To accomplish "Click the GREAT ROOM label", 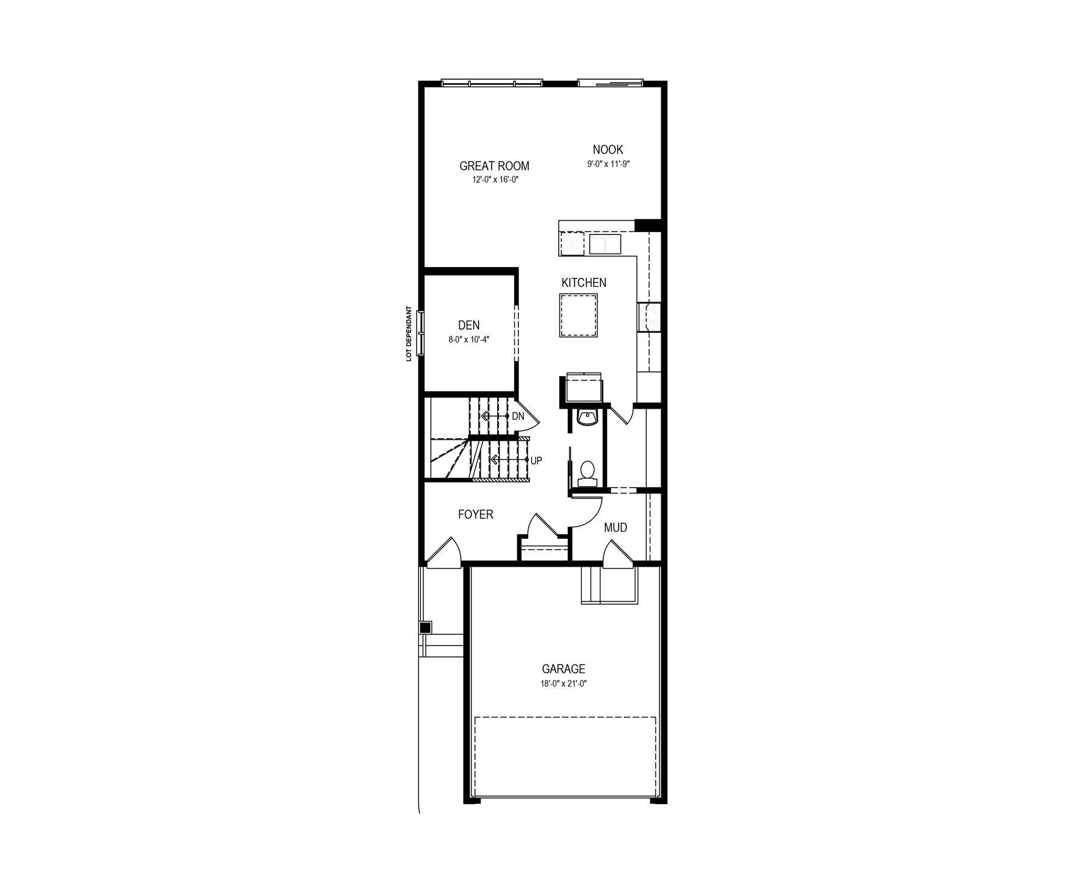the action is coord(494,166).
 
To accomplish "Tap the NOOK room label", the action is coord(608,149).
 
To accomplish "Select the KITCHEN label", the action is coord(584,283).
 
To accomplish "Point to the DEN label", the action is coord(469,326).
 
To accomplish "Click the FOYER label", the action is coord(476,515).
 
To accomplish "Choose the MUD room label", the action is coord(615,528).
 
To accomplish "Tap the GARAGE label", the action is coord(564,669).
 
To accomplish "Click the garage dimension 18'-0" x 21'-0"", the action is coord(564,684).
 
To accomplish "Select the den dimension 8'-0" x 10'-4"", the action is coord(469,339).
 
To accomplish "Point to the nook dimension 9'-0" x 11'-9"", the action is coord(608,163).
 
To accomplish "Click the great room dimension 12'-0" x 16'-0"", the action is coord(495,180).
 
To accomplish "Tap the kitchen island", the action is coord(579,315).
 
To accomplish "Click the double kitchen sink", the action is coord(605,245).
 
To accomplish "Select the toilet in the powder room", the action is coord(587,473).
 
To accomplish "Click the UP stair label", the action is coord(536,460).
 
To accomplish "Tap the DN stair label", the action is coord(518,416).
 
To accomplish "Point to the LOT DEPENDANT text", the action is coord(409,334).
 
